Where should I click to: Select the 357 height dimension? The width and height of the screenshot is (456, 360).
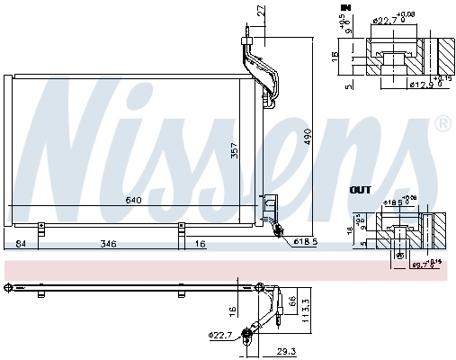pos(236,151)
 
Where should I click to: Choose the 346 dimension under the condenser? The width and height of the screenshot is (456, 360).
pos(110,244)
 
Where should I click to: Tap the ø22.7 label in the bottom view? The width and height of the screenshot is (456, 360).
pos(221,336)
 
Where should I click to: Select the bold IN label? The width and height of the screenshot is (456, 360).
pos(344,7)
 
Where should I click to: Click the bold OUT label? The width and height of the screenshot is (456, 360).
pos(360,190)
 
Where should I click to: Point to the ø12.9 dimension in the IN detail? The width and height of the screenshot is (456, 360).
pos(395,85)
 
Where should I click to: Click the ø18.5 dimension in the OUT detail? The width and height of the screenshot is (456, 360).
pos(393,204)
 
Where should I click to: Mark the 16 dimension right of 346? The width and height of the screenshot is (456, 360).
pos(200,244)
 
